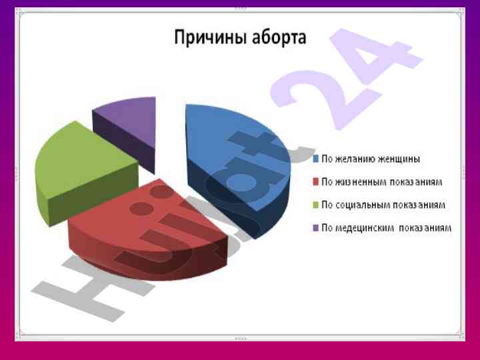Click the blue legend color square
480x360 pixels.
click(x=315, y=159)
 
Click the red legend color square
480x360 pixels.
click(x=315, y=182)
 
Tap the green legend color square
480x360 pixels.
click(x=315, y=205)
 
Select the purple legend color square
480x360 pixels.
click(x=315, y=228)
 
